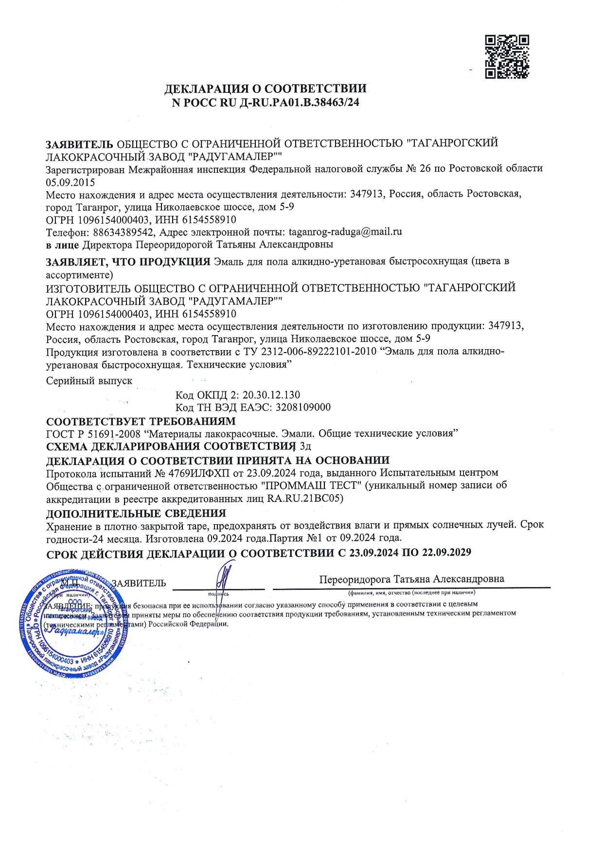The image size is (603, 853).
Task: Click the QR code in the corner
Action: (507, 56)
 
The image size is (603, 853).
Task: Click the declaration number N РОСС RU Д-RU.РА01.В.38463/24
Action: (265, 103)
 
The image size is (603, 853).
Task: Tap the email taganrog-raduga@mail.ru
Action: (345, 231)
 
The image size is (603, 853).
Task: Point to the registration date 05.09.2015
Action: (71, 182)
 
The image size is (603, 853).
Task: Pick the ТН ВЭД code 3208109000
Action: (303, 407)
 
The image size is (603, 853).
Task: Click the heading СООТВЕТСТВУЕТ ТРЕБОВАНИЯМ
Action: (141, 421)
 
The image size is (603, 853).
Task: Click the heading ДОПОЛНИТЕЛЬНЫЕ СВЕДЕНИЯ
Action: (136, 513)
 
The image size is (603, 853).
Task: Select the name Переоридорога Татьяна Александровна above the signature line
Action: (411, 579)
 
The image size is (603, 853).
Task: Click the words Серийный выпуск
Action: (89, 381)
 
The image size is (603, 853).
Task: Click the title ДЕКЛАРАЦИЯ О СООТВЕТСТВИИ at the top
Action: (265, 89)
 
